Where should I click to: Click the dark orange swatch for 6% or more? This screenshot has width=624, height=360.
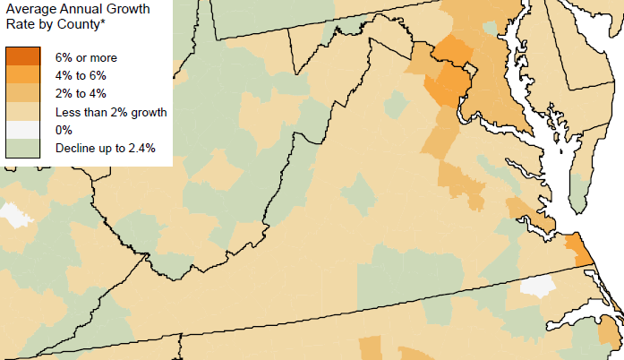pyautogui.click(x=23, y=57)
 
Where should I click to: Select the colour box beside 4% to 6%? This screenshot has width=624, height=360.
pyautogui.click(x=23, y=75)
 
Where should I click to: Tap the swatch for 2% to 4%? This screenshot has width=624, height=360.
pyautogui.click(x=23, y=93)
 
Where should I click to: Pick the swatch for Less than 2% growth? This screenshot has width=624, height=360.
pyautogui.click(x=23, y=112)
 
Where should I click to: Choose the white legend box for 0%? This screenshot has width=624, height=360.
pyautogui.click(x=23, y=130)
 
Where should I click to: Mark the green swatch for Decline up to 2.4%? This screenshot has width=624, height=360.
pyautogui.click(x=23, y=148)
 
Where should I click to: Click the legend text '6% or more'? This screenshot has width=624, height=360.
pyautogui.click(x=86, y=58)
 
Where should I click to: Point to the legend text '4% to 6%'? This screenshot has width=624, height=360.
pyautogui.click(x=81, y=76)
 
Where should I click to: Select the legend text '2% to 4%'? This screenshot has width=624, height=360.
pyautogui.click(x=81, y=94)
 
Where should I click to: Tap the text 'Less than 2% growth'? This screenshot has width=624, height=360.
pyautogui.click(x=111, y=112)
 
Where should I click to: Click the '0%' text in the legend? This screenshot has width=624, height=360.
pyautogui.click(x=64, y=130)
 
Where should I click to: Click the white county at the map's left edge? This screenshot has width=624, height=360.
pyautogui.click(x=13, y=214)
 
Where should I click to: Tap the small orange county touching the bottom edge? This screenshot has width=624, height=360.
pyautogui.click(x=370, y=348)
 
